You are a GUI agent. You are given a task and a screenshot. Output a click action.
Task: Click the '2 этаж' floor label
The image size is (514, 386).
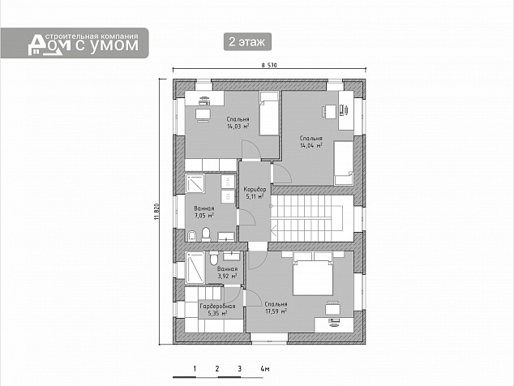[x=247, y=41]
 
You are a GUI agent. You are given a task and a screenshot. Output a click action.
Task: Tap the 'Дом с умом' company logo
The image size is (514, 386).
[x=75, y=43]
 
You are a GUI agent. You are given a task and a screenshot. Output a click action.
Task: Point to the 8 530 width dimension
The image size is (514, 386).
[x=269, y=65]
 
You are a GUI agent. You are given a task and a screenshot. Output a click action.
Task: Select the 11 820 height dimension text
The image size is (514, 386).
[x=156, y=212]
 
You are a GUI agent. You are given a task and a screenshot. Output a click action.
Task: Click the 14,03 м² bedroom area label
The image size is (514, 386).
[x=238, y=122]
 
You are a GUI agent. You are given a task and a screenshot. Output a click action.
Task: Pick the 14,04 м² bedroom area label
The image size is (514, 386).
[x=311, y=142]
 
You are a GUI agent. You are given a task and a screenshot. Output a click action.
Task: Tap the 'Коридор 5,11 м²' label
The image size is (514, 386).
[x=255, y=193]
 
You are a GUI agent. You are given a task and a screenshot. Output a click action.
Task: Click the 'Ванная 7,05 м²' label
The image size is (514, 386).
[x=203, y=212]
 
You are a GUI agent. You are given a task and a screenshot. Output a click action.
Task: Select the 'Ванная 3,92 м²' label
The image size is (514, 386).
[x=227, y=272]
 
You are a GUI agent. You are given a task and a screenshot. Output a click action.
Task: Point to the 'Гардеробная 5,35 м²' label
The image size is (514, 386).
[x=217, y=310]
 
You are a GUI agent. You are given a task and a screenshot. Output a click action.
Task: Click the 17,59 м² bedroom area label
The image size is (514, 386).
[x=276, y=307]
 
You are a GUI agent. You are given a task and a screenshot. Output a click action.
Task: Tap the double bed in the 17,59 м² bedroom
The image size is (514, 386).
[x=313, y=273]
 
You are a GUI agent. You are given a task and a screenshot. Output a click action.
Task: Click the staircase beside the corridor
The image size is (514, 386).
[x=312, y=218]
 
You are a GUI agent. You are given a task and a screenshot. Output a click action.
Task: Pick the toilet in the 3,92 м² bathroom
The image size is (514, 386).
[x=214, y=257]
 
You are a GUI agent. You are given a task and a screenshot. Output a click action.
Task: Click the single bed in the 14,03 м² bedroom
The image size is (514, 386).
[x=269, y=114]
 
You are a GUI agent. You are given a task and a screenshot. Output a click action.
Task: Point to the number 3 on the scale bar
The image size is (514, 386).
[x=240, y=369]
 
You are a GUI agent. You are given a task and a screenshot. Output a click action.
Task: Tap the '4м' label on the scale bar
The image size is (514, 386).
[x=265, y=369]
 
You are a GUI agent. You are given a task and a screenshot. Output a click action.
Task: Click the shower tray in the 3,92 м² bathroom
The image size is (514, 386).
[x=195, y=268]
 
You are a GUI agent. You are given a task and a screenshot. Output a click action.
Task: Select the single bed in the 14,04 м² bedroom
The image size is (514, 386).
[x=344, y=163]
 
